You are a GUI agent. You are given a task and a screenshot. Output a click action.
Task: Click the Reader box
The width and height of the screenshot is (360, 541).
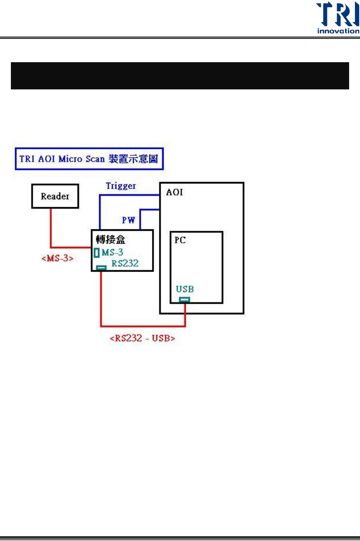pos(55,196)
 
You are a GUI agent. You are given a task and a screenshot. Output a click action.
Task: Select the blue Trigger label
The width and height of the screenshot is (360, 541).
pos(121,186)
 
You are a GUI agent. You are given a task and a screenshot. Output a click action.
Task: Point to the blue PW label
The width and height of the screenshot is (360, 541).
pos(128,220)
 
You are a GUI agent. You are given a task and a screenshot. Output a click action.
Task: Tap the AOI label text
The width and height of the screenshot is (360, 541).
pos(175,192)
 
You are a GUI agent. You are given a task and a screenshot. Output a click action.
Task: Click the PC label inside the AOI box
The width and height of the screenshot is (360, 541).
pos(180,240)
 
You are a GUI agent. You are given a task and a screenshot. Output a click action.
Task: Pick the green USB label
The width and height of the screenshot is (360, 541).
pos(185,289)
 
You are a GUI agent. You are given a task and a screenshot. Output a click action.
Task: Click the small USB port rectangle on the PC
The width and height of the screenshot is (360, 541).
pos(185,299)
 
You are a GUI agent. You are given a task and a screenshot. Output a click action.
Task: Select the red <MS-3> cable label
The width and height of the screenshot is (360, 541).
pos(58,258)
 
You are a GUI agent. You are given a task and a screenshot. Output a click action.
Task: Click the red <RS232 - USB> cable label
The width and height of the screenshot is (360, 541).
pos(142,338)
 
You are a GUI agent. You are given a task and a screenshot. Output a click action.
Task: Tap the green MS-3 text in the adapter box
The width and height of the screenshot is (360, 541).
pos(112,253)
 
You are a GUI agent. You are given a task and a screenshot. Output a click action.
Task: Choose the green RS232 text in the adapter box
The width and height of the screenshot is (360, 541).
pos(125,263)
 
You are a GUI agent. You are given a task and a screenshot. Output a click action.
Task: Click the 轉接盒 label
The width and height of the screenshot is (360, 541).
pos(110,239)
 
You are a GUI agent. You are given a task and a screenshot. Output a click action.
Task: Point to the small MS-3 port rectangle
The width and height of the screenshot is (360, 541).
pos(96,253)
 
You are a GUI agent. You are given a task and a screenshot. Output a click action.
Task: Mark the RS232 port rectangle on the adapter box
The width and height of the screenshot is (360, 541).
pos(101,267)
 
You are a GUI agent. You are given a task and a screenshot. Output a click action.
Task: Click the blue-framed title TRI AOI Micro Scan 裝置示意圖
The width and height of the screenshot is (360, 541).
pos(89,159)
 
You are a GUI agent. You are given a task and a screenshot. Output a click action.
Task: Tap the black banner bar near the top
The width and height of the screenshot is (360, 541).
pos(180,76)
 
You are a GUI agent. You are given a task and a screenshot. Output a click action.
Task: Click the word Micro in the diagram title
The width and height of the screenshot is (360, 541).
pos(70,159)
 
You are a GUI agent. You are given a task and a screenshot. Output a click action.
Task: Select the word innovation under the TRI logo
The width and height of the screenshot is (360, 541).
pos(338,31)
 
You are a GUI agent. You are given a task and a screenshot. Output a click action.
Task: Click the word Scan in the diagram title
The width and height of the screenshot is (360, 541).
pos(95,159)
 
